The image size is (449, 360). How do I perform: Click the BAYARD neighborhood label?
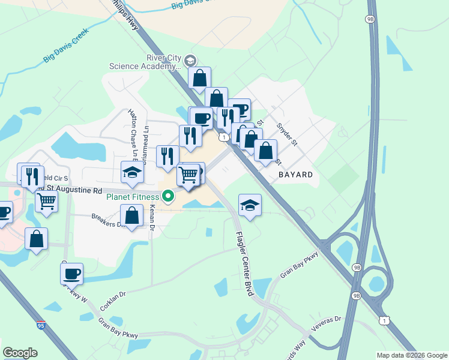click(295, 175)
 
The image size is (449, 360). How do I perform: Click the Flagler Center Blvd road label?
click(243, 263)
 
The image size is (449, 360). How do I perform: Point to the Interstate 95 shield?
click(40, 325)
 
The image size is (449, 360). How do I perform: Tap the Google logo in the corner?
click(20, 353)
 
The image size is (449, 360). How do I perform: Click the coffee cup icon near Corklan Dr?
click(72, 274)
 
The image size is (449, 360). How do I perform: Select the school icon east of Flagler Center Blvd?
click(250, 205)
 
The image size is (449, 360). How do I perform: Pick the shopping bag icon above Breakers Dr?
click(131, 215)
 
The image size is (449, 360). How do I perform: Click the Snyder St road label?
click(287, 134)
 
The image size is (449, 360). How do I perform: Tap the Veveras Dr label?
click(326, 324)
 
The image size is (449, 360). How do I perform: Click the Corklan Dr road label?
click(113, 300)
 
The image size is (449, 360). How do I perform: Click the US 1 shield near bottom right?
click(383, 320)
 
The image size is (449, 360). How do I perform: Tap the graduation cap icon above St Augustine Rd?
click(132, 173)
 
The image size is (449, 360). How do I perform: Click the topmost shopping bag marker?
click(199, 77)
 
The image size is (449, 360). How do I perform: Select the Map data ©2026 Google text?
click(412, 355)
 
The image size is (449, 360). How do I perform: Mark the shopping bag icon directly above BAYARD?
click(265, 151)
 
